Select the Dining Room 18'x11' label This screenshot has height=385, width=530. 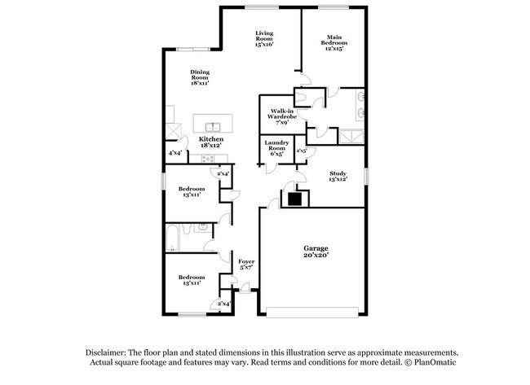pos(200,77)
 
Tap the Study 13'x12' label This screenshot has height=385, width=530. pos(338,176)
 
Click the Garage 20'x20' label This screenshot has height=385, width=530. pos(316,252)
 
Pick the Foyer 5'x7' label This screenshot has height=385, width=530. pos(246,265)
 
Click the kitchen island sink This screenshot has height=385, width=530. pos(213,128)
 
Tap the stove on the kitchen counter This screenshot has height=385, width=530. pos(208,158)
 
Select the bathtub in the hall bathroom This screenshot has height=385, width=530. pos(172,238)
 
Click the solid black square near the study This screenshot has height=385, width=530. pos(294,199)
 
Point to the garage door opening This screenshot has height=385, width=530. pos(312,312)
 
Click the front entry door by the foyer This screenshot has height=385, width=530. pos(245,288)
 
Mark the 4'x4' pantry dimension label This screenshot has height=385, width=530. pos(175,153)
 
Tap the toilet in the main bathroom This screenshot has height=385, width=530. pos(300,98)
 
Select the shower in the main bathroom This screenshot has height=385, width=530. pos(351,136)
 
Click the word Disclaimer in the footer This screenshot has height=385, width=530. pos(106,352)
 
